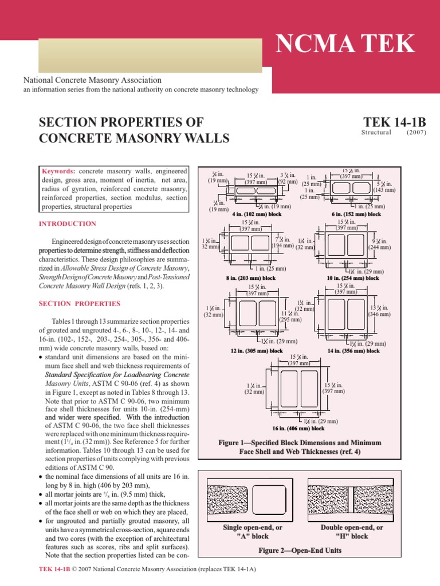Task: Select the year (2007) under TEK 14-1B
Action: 417,132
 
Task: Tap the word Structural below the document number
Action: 376,132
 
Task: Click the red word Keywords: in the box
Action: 59,171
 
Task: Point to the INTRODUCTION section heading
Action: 68,224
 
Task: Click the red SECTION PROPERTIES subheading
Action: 80,303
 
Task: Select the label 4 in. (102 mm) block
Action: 257,214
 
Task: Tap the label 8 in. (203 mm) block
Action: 252,278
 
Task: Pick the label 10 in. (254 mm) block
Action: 353,278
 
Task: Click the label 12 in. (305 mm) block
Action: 257,351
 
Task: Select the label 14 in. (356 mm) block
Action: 353,351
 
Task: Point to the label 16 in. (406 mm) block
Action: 298,428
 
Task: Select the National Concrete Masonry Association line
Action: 92,81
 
